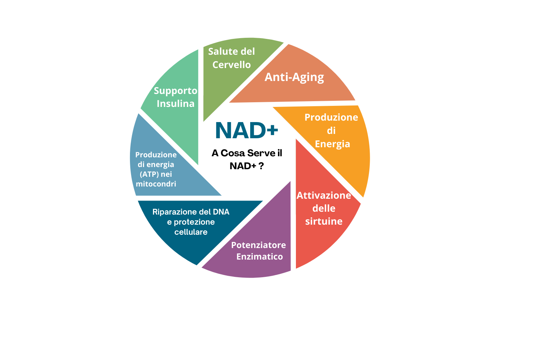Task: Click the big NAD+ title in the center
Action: tap(247, 130)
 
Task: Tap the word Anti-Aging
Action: tap(294, 77)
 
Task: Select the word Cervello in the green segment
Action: tap(231, 65)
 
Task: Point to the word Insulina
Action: tap(176, 104)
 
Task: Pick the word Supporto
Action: tap(176, 91)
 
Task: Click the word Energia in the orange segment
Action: tap(332, 144)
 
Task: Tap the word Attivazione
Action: tap(324, 195)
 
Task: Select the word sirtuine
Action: tap(324, 221)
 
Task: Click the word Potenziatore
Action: tap(258, 245)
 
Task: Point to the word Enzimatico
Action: tap(260, 256)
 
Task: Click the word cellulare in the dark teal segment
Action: tap(191, 232)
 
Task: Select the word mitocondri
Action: tap(156, 184)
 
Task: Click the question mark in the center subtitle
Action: tap(261, 166)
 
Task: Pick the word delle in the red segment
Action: tap(324, 208)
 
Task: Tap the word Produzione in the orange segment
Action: tap(331, 117)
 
